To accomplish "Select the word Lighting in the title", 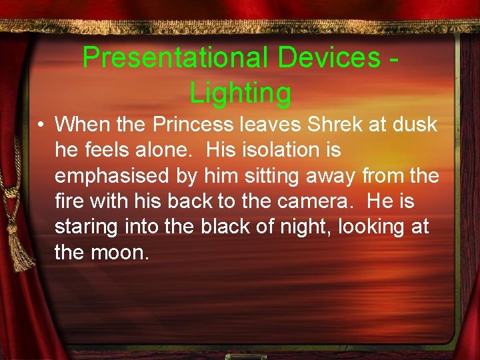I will [x=240, y=93].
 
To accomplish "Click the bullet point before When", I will [x=41, y=125].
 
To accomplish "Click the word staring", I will [x=86, y=227].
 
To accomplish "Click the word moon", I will [x=120, y=253].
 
